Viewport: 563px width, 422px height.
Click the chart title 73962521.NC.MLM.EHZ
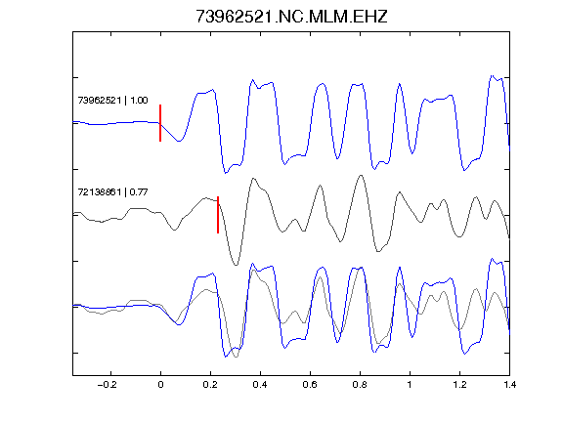tap(291, 17)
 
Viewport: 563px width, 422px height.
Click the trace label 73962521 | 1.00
tap(112, 100)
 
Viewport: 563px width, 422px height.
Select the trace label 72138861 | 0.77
tap(112, 192)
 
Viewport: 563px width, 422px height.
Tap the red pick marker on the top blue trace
tap(160, 123)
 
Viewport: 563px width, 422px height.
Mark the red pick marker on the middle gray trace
tap(218, 215)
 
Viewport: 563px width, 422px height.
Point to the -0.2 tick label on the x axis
tap(108, 385)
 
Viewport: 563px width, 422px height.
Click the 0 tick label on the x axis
tap(160, 385)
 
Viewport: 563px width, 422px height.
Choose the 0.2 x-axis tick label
tap(210, 385)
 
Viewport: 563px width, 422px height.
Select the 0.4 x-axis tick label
tap(260, 385)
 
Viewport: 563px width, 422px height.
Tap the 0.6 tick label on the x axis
tap(310, 385)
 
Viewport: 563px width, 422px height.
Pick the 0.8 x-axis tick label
tap(360, 385)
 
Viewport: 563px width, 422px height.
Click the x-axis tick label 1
tap(410, 385)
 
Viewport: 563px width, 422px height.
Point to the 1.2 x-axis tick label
tap(459, 385)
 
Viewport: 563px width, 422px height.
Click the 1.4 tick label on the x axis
tap(509, 385)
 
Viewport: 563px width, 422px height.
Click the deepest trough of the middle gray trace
tap(236, 265)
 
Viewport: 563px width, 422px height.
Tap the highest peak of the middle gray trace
tap(361, 176)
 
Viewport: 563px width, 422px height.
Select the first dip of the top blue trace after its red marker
tap(179, 141)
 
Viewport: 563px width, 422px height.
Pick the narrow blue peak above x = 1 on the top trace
tap(399, 84)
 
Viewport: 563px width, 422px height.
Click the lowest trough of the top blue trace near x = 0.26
tap(226, 173)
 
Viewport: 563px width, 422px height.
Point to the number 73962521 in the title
tap(235, 17)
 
